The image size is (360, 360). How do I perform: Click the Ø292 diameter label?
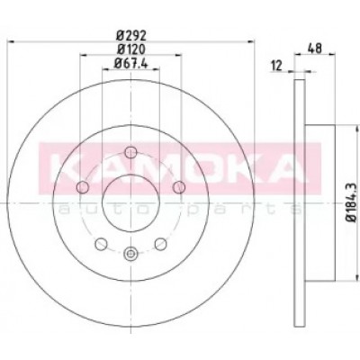pos(131,36)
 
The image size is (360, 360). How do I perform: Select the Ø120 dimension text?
pos(131,49)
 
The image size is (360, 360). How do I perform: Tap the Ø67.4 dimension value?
pos(131,63)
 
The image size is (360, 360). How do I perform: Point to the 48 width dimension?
pos(315,49)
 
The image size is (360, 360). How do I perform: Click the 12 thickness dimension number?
pos(276,66)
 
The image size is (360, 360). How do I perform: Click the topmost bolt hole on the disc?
pos(130,152)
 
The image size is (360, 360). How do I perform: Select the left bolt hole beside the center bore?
pos(83,187)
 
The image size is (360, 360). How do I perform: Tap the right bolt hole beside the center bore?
pos(179,187)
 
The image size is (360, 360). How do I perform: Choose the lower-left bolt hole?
pos(101,244)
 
